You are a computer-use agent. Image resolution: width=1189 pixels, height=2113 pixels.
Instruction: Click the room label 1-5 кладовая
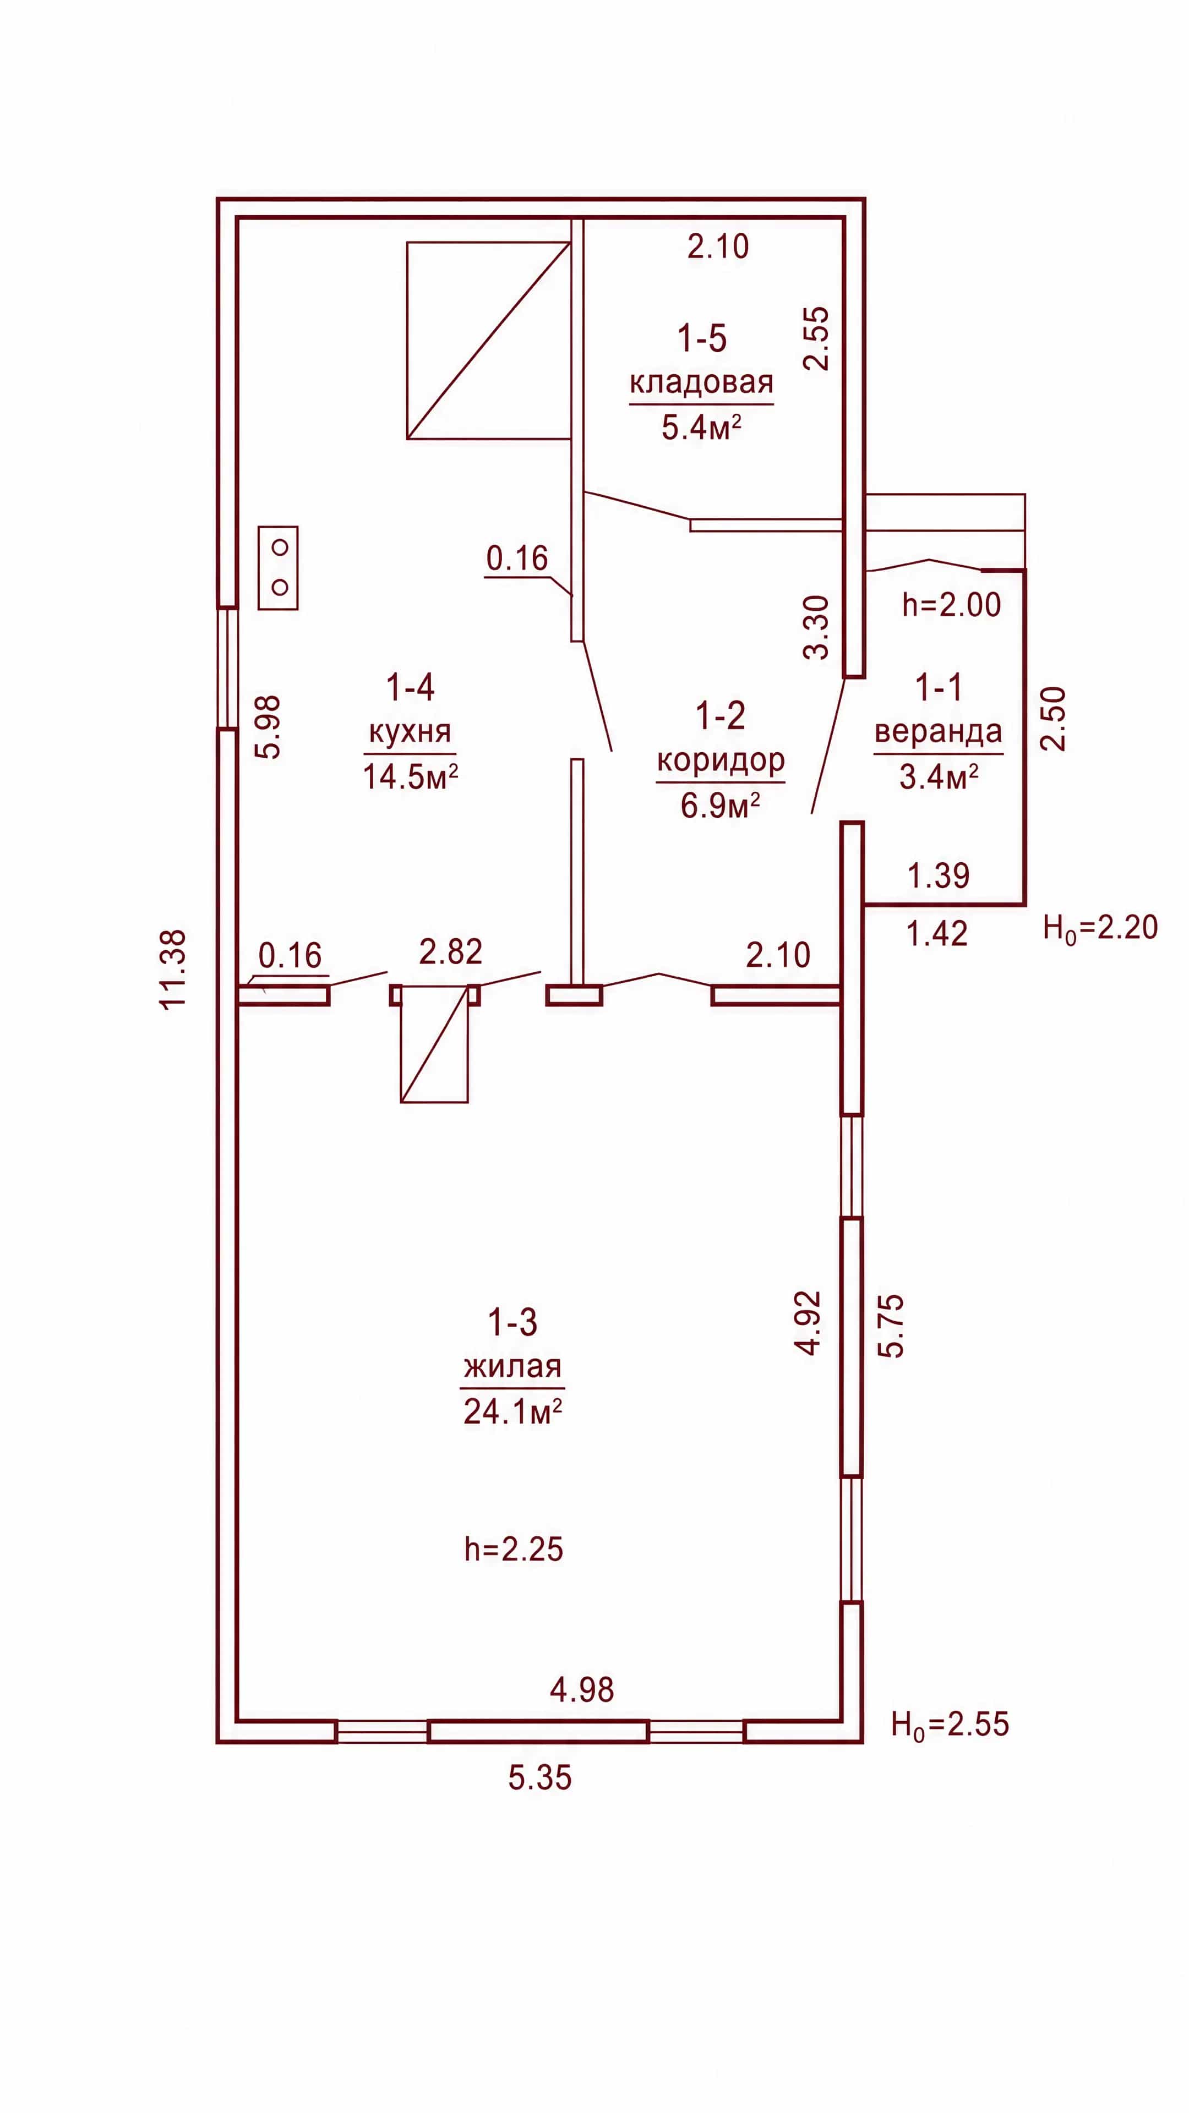tap(702, 360)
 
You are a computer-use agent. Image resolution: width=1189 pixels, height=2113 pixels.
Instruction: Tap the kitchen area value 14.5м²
tap(410, 776)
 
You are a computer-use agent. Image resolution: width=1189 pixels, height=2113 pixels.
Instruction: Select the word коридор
tap(721, 760)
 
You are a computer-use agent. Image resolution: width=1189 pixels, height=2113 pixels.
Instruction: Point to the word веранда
tap(938, 731)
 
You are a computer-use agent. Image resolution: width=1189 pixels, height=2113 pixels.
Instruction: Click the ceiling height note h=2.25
tap(514, 1548)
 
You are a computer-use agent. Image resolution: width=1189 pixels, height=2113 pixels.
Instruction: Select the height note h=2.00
tap(952, 605)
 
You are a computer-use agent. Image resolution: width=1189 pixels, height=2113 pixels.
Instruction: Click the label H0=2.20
tap(1100, 928)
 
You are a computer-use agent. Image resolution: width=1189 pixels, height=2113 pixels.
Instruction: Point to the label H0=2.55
tap(950, 1725)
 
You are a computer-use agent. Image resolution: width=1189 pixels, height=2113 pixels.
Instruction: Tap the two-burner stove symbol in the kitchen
tap(278, 568)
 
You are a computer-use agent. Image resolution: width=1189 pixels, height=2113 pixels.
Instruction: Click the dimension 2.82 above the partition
tap(450, 951)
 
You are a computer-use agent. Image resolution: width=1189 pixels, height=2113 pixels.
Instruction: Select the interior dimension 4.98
tap(582, 1690)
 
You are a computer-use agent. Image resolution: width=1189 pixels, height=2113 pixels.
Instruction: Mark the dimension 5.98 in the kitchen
tap(269, 727)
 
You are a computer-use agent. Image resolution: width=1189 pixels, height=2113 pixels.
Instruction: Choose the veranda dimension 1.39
tap(938, 876)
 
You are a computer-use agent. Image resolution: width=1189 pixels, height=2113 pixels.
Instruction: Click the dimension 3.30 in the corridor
tap(817, 627)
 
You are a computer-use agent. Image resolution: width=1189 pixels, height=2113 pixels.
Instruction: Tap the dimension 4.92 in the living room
tap(808, 1323)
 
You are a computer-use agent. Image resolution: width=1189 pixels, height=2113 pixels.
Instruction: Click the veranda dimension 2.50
tap(1053, 719)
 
